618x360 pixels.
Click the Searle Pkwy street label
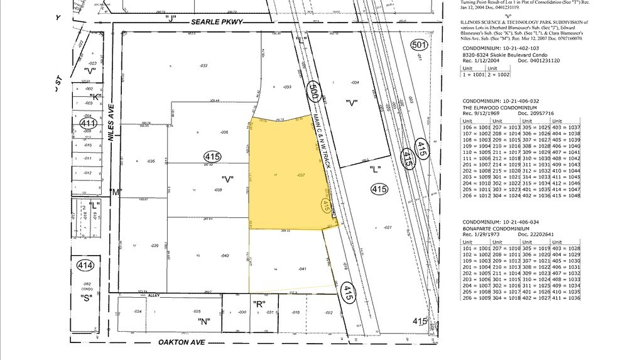[217, 22]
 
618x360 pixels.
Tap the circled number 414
[85, 266]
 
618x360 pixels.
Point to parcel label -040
[224, 256]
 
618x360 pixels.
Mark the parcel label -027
[388, 227]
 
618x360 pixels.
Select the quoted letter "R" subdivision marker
[257, 303]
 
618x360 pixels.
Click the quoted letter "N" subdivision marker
[203, 320]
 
